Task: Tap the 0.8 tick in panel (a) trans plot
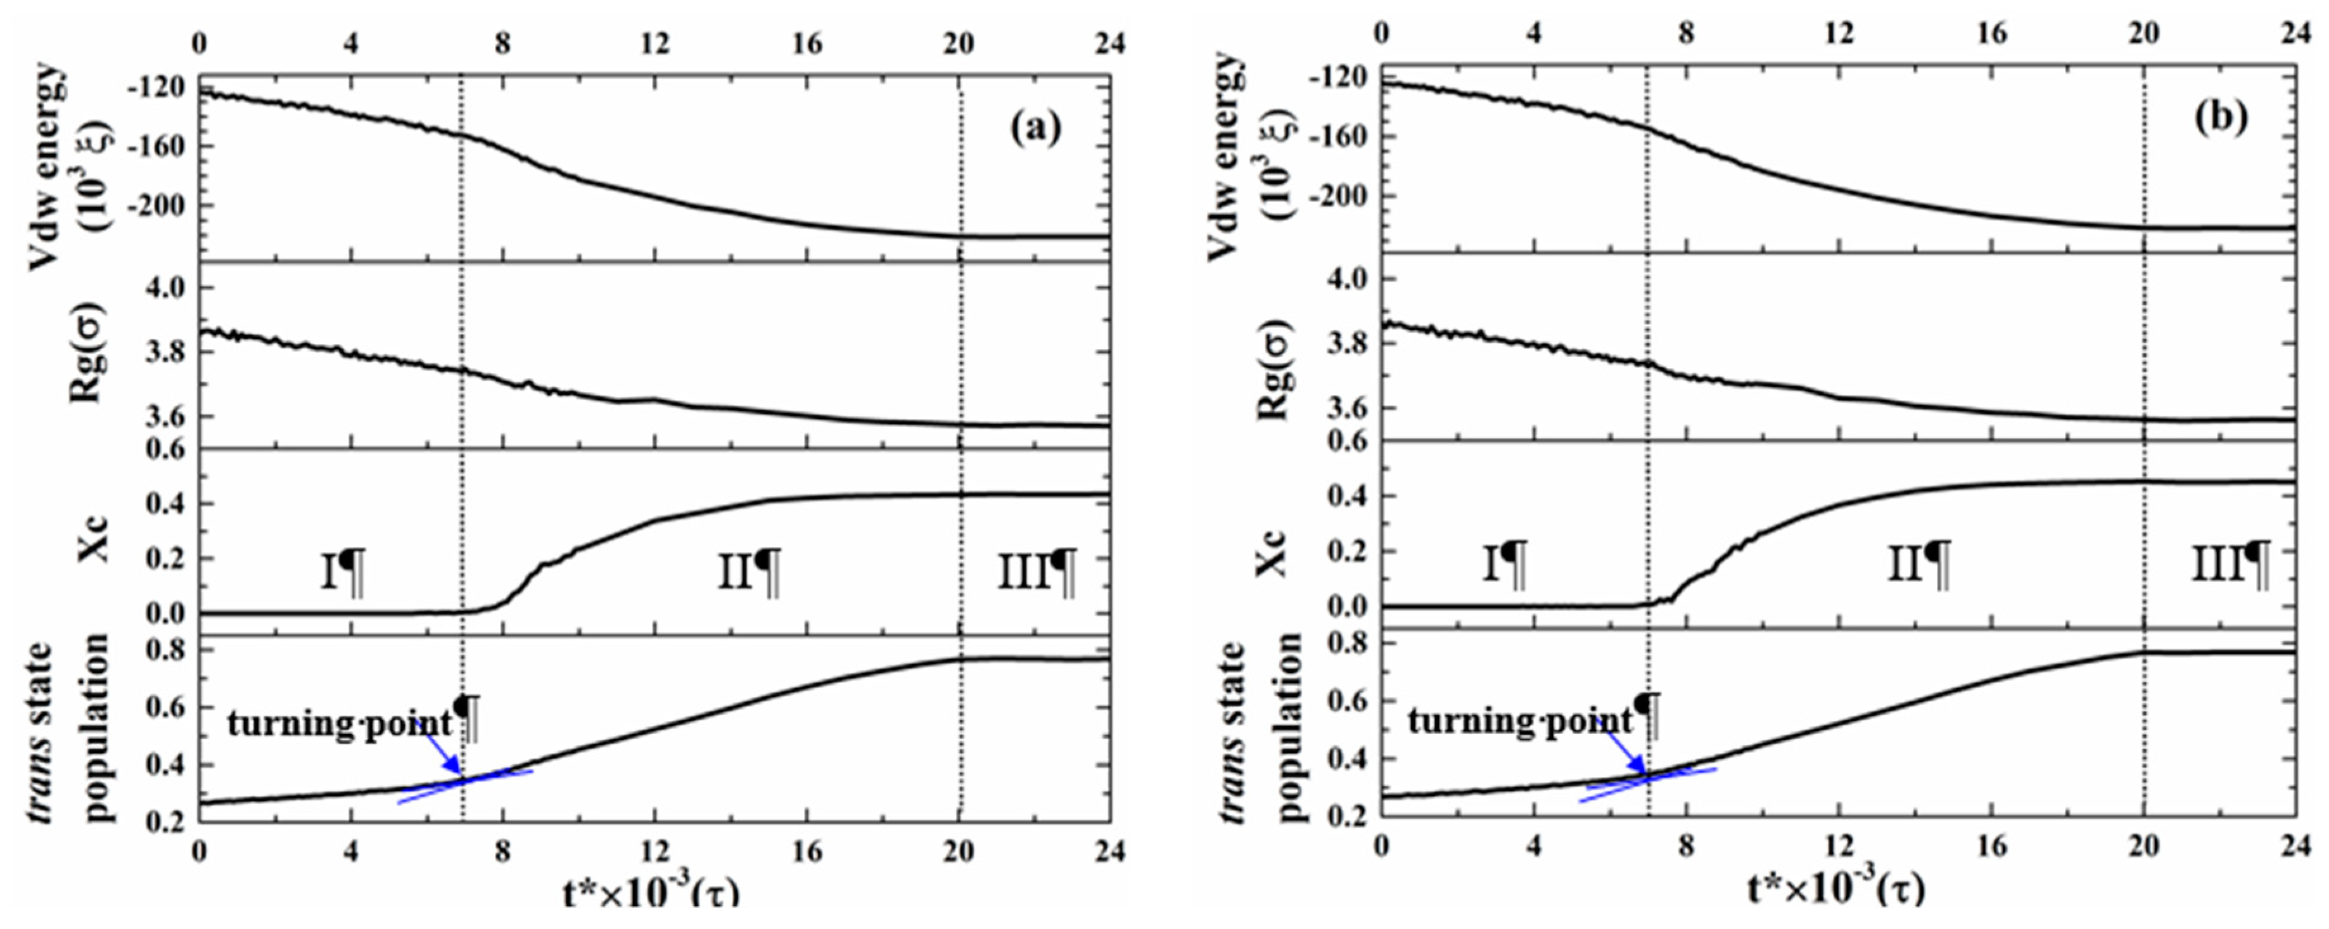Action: coord(163,650)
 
